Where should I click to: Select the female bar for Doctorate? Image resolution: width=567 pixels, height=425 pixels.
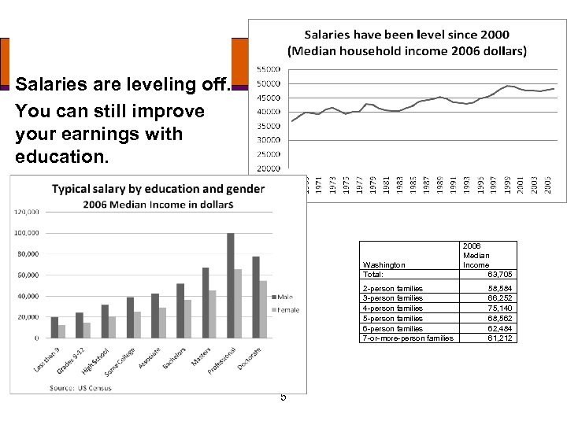[x=263, y=309]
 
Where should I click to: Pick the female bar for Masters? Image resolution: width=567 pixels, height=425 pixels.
[x=212, y=314]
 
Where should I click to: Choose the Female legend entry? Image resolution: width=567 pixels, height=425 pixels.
[x=284, y=310]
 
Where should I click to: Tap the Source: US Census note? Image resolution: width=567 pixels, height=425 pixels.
[x=79, y=387]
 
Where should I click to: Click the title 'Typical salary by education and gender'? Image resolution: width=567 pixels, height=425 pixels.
[x=158, y=189]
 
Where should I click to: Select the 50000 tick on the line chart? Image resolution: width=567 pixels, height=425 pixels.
[x=268, y=84]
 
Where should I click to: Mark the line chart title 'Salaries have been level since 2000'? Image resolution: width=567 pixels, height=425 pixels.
[x=406, y=35]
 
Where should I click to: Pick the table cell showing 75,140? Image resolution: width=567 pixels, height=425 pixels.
[x=500, y=309]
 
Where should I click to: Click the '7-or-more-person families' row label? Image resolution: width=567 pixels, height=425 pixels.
[x=407, y=338]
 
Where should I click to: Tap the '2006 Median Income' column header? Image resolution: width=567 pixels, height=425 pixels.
[x=476, y=255]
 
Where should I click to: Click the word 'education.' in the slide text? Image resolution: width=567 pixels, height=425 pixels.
[x=60, y=157]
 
